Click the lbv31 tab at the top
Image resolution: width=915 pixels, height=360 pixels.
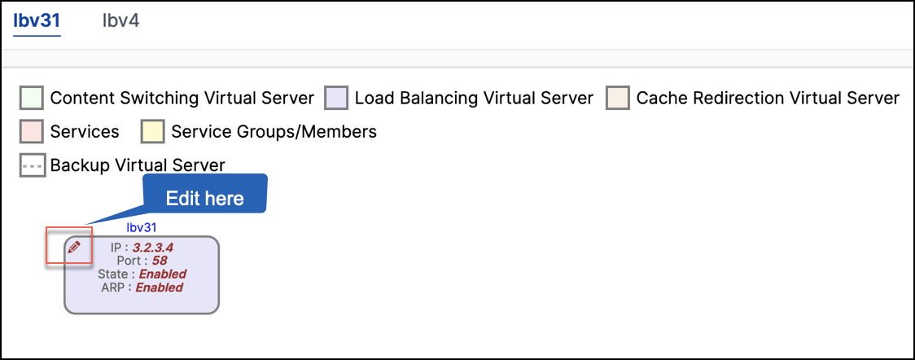[37, 22]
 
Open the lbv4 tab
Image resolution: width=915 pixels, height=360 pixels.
[120, 22]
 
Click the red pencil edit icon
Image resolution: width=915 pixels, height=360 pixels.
[73, 248]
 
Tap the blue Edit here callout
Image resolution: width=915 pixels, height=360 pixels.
[205, 199]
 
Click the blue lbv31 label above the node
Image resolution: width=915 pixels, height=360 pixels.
[141, 227]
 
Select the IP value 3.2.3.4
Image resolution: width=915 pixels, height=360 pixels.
[153, 248]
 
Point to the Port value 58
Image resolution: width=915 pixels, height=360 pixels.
[160, 261]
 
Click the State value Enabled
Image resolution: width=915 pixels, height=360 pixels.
[162, 274]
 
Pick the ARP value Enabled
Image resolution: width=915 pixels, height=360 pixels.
[160, 287]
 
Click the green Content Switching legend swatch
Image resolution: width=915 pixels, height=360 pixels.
[32, 98]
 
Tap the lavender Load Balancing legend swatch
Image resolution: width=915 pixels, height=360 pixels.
[336, 98]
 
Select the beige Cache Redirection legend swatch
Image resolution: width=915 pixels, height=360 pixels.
[617, 98]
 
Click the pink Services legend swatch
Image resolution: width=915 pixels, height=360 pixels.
[32, 132]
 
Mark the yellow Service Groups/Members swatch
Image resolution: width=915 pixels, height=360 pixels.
[152, 132]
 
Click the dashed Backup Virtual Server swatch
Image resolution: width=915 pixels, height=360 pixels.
[32, 165]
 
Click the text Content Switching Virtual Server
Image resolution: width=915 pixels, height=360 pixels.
[182, 98]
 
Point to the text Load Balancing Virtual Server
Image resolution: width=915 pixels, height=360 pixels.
[474, 98]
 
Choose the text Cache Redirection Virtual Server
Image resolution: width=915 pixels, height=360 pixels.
[768, 98]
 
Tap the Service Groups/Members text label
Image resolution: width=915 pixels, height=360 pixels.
[274, 132]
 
